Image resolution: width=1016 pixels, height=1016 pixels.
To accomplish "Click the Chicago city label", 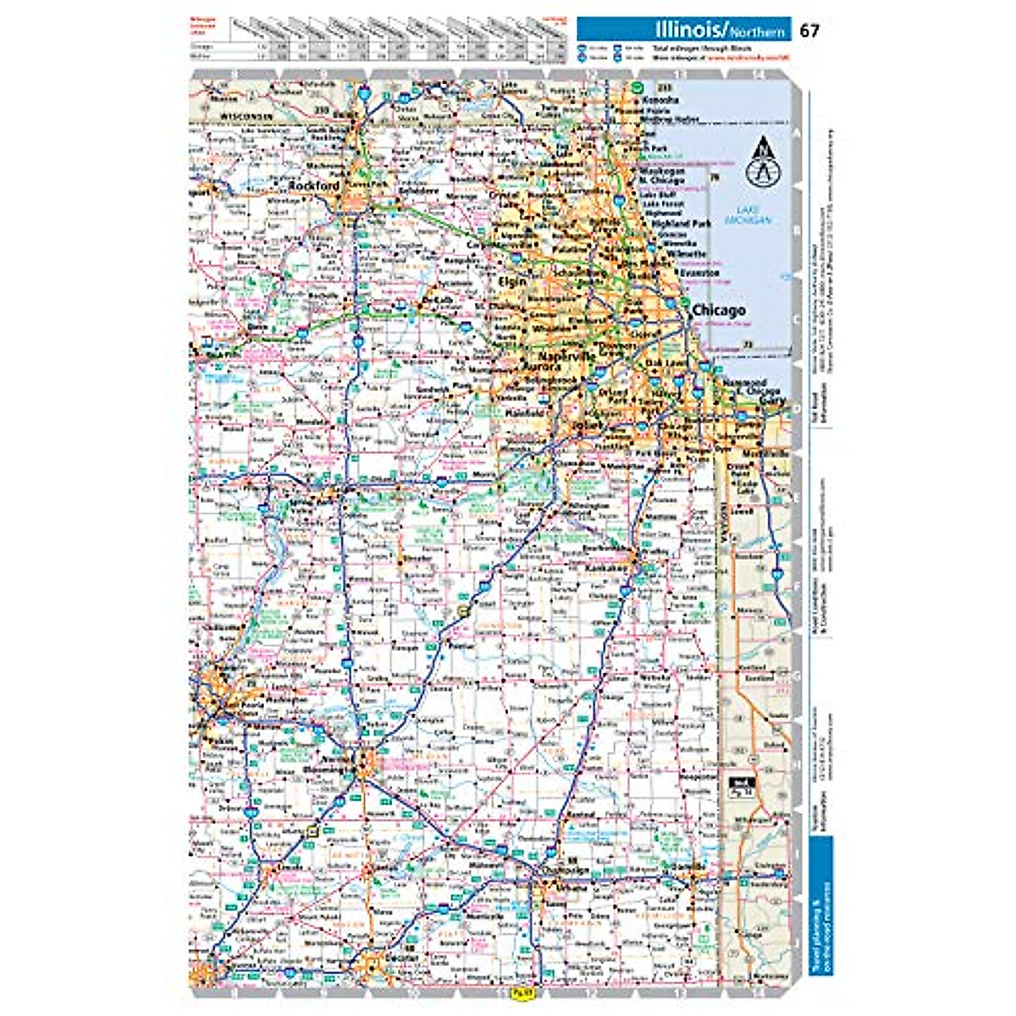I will click(719, 312).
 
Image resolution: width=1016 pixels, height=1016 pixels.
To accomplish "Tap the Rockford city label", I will click(313, 185).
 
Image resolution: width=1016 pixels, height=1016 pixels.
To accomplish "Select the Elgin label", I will click(513, 280).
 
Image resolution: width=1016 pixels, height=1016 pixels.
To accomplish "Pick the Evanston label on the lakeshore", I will click(699, 273).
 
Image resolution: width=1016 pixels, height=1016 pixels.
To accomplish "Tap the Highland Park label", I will click(687, 224).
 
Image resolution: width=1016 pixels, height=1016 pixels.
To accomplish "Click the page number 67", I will click(809, 31).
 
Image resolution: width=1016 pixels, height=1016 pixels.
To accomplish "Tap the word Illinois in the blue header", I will click(685, 30).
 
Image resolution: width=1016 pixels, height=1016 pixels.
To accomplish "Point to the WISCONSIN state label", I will click(245, 113).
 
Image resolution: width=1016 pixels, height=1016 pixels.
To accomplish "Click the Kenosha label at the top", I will click(660, 100).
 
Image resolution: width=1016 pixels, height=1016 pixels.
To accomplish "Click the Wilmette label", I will click(686, 253).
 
